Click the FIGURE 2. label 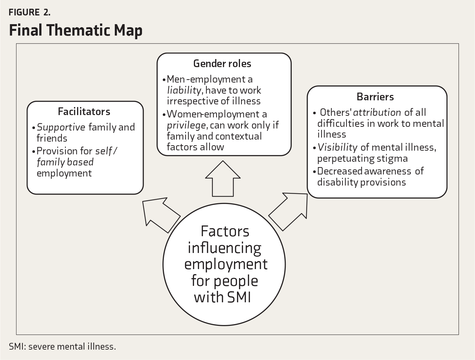click(x=30, y=12)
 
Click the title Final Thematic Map click(x=76, y=30)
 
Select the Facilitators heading click(x=84, y=112)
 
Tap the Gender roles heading click(x=222, y=63)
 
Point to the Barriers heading click(x=375, y=97)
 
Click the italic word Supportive click(x=61, y=127)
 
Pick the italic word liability click(x=184, y=90)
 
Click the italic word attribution click(x=377, y=112)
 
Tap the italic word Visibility click(x=337, y=148)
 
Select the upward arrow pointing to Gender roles click(x=223, y=178)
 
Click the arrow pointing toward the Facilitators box click(x=161, y=215)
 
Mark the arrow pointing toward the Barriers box click(x=288, y=212)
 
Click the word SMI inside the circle click(x=239, y=297)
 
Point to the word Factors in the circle click(x=225, y=232)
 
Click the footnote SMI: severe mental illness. click(x=62, y=347)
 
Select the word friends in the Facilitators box click(x=52, y=138)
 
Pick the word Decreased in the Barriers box click(x=340, y=171)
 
